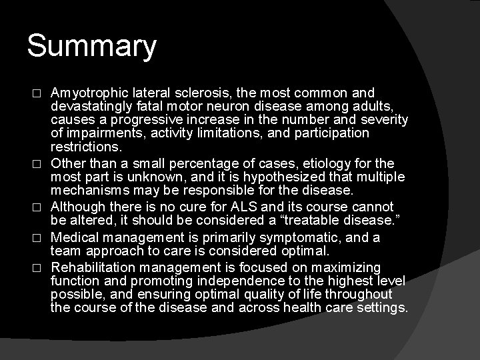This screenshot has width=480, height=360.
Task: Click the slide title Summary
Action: [92, 47]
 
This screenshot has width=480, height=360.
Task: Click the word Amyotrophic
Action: [89, 93]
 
